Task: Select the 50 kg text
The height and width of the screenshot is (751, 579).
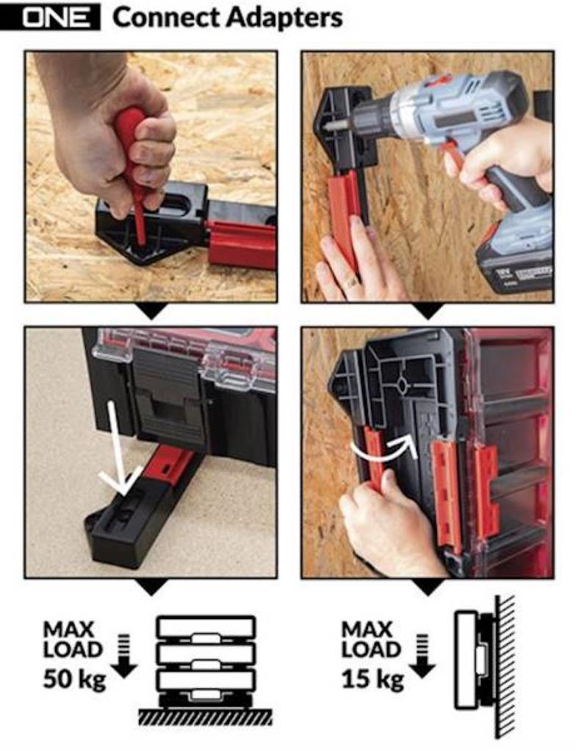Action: [73, 678]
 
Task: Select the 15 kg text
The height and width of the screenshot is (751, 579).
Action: [372, 678]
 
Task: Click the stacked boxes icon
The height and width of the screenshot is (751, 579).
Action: [206, 661]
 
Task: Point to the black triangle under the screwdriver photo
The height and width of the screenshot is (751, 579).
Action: [151, 311]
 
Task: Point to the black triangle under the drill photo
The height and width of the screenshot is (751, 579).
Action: [427, 311]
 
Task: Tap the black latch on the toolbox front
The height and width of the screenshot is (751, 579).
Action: [169, 411]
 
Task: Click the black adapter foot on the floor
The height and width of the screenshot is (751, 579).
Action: [125, 529]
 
